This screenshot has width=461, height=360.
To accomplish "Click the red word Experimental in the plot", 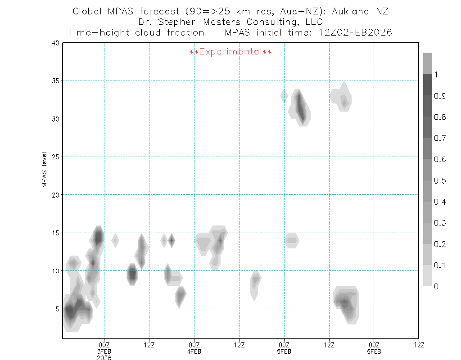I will [230, 52].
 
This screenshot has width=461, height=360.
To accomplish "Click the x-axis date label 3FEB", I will [104, 351].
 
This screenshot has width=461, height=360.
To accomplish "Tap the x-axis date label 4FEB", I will [194, 351].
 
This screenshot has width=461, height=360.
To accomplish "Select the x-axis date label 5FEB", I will [284, 351].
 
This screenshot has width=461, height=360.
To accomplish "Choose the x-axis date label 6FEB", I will [374, 351].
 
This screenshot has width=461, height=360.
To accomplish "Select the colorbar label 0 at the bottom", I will [436, 287].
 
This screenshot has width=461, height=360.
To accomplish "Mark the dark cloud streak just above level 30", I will [301, 106].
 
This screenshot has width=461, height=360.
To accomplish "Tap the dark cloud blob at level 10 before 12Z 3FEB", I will [132, 274].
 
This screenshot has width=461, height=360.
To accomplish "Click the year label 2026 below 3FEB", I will [104, 358].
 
